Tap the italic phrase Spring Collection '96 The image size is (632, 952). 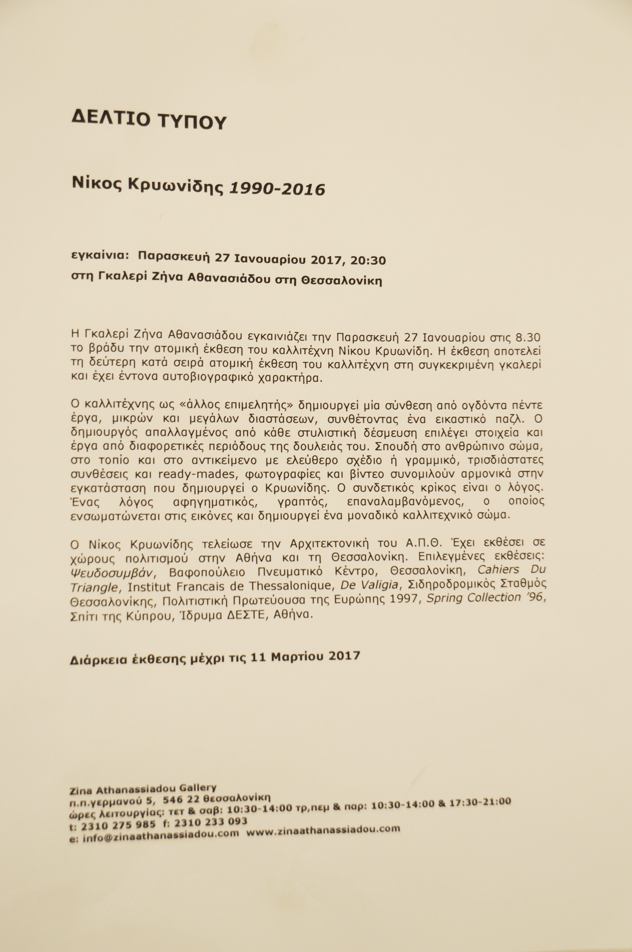point(486,598)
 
